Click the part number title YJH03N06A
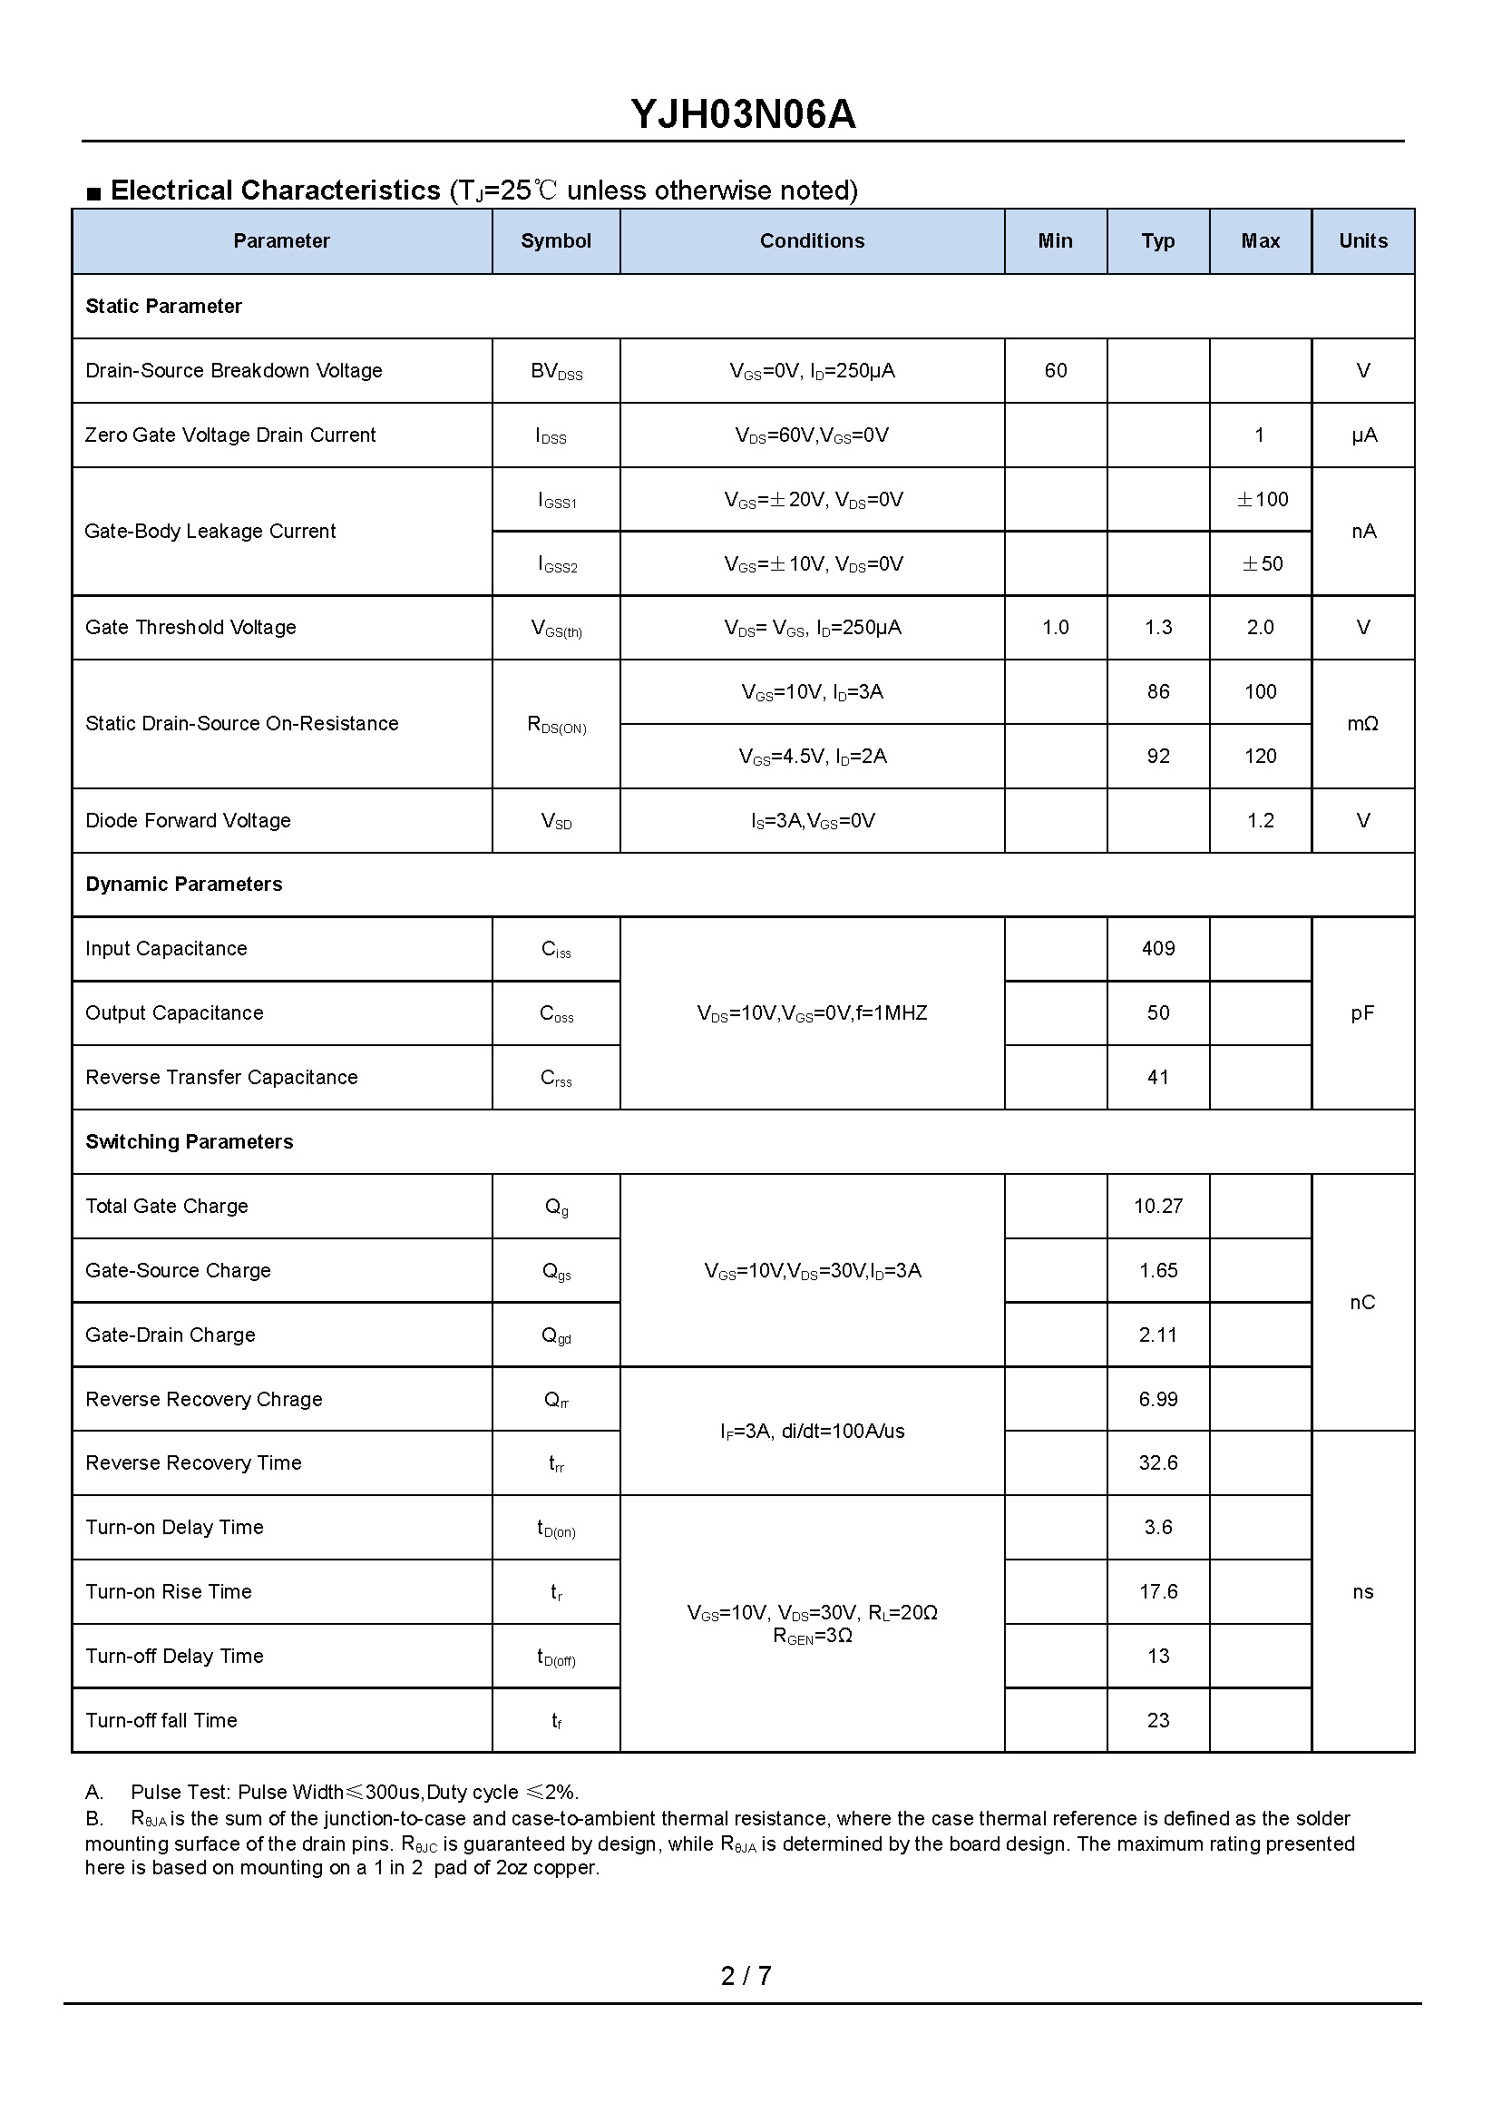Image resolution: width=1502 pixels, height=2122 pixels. click(743, 114)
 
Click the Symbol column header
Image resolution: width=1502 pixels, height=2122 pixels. click(555, 241)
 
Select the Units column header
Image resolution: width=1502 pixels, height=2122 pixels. click(1362, 241)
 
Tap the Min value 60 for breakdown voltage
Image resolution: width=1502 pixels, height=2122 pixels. click(1055, 371)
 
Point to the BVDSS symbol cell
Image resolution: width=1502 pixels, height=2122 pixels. click(556, 372)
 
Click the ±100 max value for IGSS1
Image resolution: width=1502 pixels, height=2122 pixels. click(1262, 500)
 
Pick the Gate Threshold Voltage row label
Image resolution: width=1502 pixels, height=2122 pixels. click(190, 628)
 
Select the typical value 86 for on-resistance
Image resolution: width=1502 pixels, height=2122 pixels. click(1158, 692)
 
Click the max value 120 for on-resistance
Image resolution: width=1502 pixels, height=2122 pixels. click(1260, 757)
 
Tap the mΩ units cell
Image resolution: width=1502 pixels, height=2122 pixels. click(1362, 724)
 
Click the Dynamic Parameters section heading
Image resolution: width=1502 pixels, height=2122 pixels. click(184, 885)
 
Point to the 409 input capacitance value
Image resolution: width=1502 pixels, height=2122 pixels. click(1158, 949)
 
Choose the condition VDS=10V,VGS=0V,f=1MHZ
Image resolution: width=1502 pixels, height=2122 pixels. click(811, 1013)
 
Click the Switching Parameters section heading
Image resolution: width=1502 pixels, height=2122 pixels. click(190, 1142)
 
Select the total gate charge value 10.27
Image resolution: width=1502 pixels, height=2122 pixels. click(1158, 1207)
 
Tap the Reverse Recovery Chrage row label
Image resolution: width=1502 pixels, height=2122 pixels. click(203, 1400)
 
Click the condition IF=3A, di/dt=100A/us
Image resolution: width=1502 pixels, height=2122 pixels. click(812, 1432)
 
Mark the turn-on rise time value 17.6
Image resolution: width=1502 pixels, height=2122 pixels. click(1158, 1592)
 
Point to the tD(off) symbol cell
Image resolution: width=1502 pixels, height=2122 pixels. click(556, 1658)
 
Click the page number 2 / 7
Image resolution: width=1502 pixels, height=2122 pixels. click(746, 1976)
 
